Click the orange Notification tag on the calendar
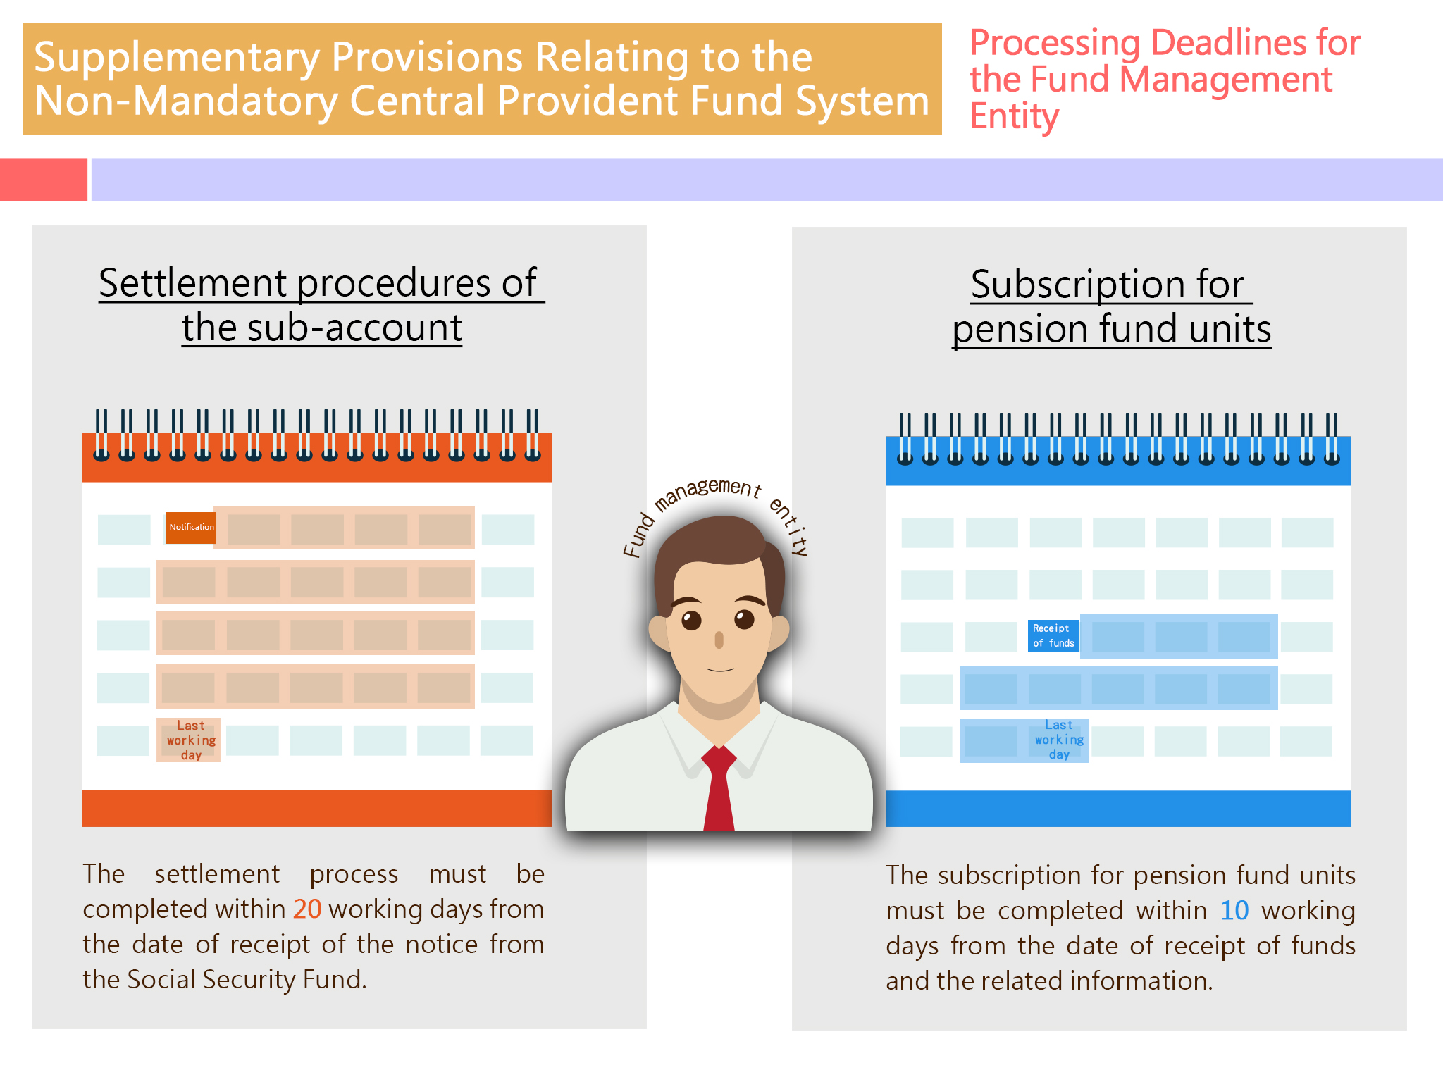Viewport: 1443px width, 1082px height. coord(191,527)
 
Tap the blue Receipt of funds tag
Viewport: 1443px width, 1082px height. coord(1053,635)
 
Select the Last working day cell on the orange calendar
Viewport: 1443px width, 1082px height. coord(189,740)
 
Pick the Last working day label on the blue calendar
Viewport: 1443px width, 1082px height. coord(1059,740)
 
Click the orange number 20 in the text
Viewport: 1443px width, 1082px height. coord(307,909)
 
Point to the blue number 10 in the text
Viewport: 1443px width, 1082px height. coord(1234,911)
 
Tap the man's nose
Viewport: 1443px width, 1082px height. coord(719,640)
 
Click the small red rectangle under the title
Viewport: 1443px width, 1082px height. coord(44,180)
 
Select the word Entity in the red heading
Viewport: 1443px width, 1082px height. coord(1014,116)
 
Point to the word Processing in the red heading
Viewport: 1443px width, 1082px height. coord(1055,44)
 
